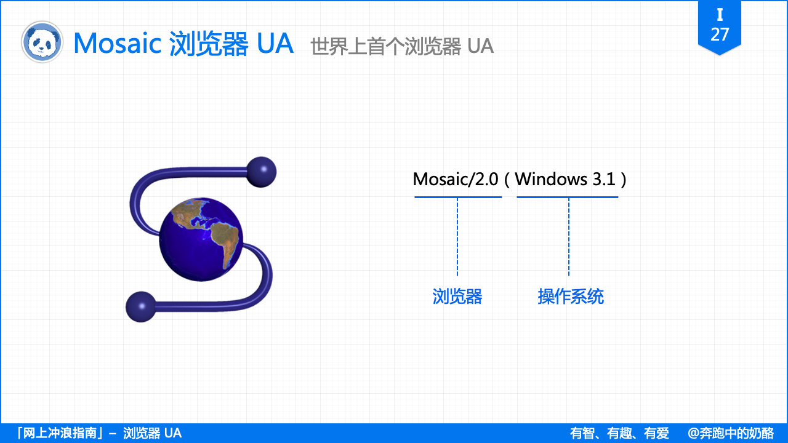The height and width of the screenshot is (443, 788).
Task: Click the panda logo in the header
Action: (x=42, y=42)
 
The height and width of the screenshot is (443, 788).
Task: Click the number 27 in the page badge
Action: (x=720, y=34)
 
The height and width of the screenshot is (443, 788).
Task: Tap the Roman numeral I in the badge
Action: (x=720, y=15)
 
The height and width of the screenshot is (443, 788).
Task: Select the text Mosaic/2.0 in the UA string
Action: (x=456, y=179)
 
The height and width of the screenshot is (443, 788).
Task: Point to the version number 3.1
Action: (x=604, y=179)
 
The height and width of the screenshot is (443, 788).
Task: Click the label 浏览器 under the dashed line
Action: (x=457, y=297)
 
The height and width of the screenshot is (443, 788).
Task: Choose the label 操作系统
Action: (x=571, y=297)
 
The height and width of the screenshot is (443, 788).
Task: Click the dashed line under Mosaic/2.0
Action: (x=457, y=237)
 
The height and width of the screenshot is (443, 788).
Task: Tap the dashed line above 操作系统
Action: (x=569, y=237)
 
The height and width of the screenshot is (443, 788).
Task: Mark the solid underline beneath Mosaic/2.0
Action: (x=458, y=197)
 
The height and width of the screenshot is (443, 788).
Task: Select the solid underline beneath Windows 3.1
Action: (x=567, y=197)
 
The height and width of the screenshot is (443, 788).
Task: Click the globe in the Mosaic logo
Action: (x=201, y=239)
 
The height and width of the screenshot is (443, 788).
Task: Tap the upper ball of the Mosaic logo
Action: (x=261, y=172)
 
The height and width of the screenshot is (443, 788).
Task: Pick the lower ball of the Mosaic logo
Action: (x=141, y=306)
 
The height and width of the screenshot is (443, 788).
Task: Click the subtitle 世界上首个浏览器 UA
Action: (x=402, y=46)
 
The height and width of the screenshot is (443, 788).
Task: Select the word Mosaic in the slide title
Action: (x=117, y=43)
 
